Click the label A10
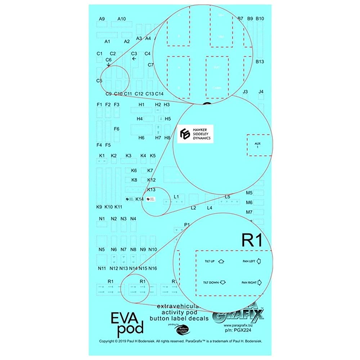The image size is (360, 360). click(x=122, y=19)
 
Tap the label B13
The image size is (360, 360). click(x=260, y=62)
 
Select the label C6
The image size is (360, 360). click(x=109, y=59)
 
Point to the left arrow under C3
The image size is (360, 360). click(x=134, y=59)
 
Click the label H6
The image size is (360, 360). click(x=141, y=138)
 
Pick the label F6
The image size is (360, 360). click(x=117, y=129)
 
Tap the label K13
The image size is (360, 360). click(x=151, y=189)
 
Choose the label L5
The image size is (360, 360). click(x=227, y=197)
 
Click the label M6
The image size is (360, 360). click(x=249, y=202)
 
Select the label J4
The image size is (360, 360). click(x=261, y=92)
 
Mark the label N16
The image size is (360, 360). click(x=153, y=268)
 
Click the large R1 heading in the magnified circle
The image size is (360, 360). click(x=252, y=240)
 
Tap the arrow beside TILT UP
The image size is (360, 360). click(x=221, y=261)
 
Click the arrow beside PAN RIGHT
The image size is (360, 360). click(x=259, y=283)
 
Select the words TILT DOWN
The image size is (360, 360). click(x=211, y=283)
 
